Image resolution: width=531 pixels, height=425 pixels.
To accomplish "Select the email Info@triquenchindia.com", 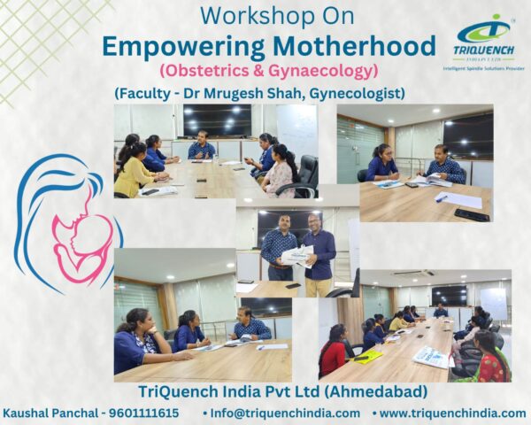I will [x=281, y=413].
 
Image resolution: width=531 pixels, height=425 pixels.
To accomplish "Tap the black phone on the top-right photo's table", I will [x=472, y=214].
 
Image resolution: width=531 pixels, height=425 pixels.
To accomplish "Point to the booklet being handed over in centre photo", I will [x=296, y=256].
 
